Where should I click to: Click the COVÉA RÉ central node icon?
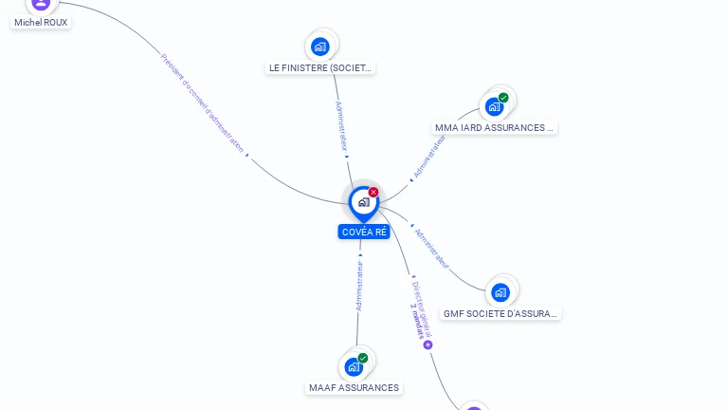pos(363,201)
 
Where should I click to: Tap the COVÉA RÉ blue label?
pos(364,232)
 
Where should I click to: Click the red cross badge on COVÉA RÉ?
pos(373,193)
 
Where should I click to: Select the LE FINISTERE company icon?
pos(320,46)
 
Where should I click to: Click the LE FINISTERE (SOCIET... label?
pos(321,68)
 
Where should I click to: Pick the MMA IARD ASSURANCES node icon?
pos(494,106)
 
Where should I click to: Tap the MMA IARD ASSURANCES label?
pos(493,128)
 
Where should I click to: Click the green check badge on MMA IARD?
pos(503,98)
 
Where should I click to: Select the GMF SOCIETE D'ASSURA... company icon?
pos(500,291)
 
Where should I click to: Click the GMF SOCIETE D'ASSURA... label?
pos(500,313)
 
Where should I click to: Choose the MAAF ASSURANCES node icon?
pos(354,366)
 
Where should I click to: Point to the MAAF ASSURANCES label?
pos(355,387)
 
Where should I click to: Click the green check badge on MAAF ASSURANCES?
pos(363,358)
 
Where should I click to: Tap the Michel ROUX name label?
pos(41,22)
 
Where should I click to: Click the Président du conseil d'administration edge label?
pos(203,103)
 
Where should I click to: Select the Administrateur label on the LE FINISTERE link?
pos(339,125)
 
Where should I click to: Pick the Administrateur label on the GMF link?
pos(432,248)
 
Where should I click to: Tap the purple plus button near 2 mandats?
pos(428,345)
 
